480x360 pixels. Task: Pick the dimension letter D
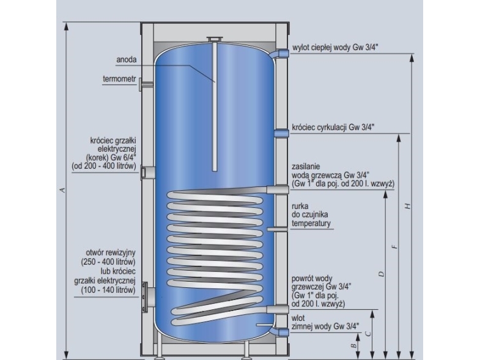click(381, 273)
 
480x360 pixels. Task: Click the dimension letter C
click(367, 333)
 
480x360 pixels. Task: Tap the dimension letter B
click(353, 346)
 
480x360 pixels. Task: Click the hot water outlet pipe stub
click(282, 54)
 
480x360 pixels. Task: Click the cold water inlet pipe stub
click(281, 331)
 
